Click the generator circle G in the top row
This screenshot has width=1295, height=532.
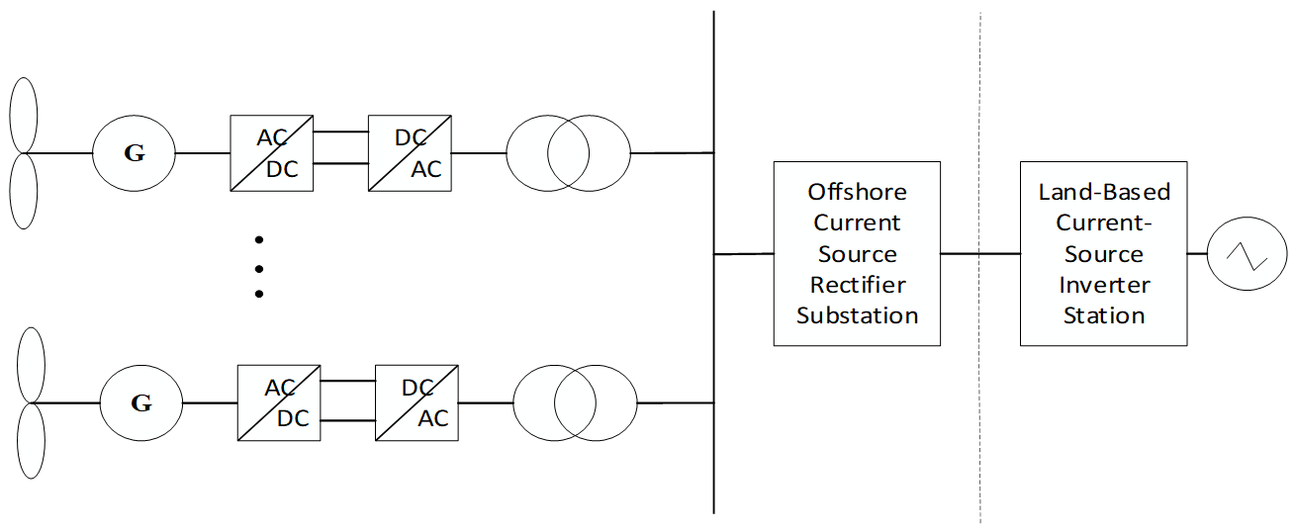[134, 153]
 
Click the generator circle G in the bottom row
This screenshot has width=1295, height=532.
[140, 402]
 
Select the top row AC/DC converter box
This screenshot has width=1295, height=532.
[271, 153]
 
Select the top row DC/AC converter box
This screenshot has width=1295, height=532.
[410, 153]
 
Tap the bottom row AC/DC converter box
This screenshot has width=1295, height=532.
[278, 402]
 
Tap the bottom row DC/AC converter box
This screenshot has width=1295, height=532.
[416, 402]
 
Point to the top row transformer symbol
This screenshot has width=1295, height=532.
[568, 153]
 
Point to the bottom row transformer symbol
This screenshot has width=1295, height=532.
[575, 402]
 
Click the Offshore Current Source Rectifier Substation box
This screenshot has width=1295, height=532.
[857, 253]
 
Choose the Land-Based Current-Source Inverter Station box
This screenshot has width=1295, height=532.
[1103, 253]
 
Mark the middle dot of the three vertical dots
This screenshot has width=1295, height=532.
[259, 267]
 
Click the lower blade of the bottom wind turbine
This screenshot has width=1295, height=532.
[31, 442]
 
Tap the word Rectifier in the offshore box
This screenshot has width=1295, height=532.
[857, 285]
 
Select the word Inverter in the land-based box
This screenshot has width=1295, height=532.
[1104, 285]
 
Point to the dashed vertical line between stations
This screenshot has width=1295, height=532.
[980, 396]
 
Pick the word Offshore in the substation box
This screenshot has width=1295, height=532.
[857, 191]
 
